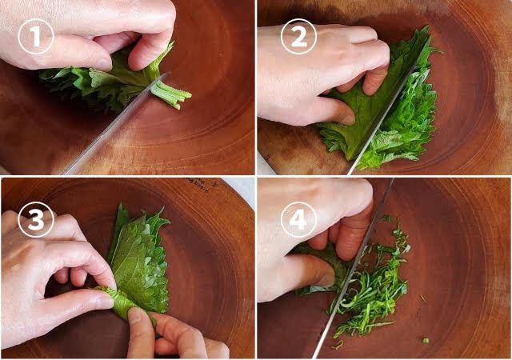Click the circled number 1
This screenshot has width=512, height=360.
pyautogui.click(x=35, y=36)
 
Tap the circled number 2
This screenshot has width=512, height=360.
pyautogui.click(x=298, y=36)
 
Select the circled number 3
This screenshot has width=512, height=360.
pyautogui.click(x=35, y=219)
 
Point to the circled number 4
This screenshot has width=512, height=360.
pyautogui.click(x=298, y=219)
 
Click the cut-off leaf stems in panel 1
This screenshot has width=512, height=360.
pyautogui.click(x=171, y=94)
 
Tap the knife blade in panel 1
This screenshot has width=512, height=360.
pyautogui.click(x=116, y=124)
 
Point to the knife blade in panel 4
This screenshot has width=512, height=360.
pyautogui.click(x=353, y=268)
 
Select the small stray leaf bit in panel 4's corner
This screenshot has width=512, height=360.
pyautogui.click(x=426, y=340)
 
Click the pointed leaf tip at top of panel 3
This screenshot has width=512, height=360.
pyautogui.click(x=122, y=204)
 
